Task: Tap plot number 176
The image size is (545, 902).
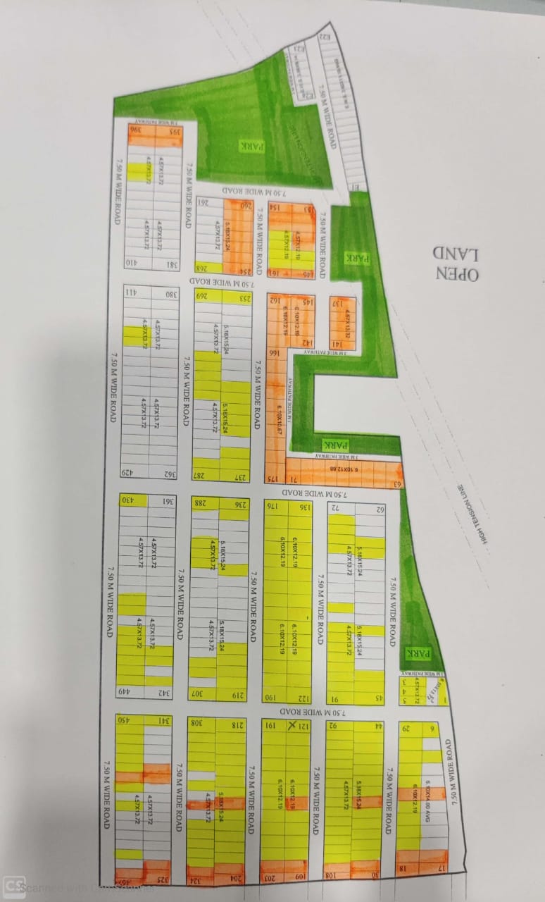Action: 272,506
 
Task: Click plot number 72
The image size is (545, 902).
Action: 337,507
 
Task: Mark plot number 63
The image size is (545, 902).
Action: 396,483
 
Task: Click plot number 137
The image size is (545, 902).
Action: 338,304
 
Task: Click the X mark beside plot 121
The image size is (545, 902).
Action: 292,727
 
